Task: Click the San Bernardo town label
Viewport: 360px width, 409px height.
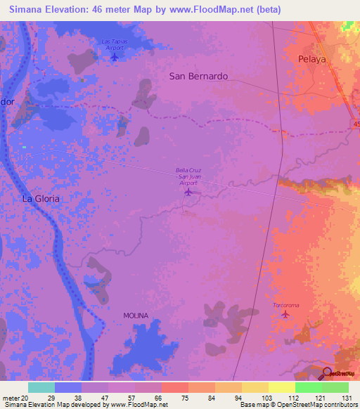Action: pyautogui.click(x=198, y=77)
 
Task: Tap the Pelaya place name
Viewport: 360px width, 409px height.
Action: pyautogui.click(x=312, y=60)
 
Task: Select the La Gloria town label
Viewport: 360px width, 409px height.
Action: pyautogui.click(x=41, y=199)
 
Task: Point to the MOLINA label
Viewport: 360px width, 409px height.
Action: pyautogui.click(x=136, y=316)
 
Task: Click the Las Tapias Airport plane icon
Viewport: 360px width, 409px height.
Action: pyautogui.click(x=115, y=56)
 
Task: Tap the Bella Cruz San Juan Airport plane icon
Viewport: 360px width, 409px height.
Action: pyautogui.click(x=188, y=192)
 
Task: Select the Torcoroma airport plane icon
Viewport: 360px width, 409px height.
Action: pyautogui.click(x=285, y=314)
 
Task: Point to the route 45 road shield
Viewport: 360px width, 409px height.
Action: pyautogui.click(x=353, y=124)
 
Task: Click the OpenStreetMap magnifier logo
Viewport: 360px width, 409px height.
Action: pyautogui.click(x=327, y=372)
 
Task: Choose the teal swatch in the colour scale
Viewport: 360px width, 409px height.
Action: pyautogui.click(x=41, y=387)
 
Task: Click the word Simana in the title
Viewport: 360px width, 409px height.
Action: pyautogui.click(x=28, y=10)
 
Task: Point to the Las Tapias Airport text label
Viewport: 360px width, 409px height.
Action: pyautogui.click(x=115, y=44)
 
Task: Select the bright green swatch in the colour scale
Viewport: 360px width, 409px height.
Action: pyautogui.click(x=308, y=387)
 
